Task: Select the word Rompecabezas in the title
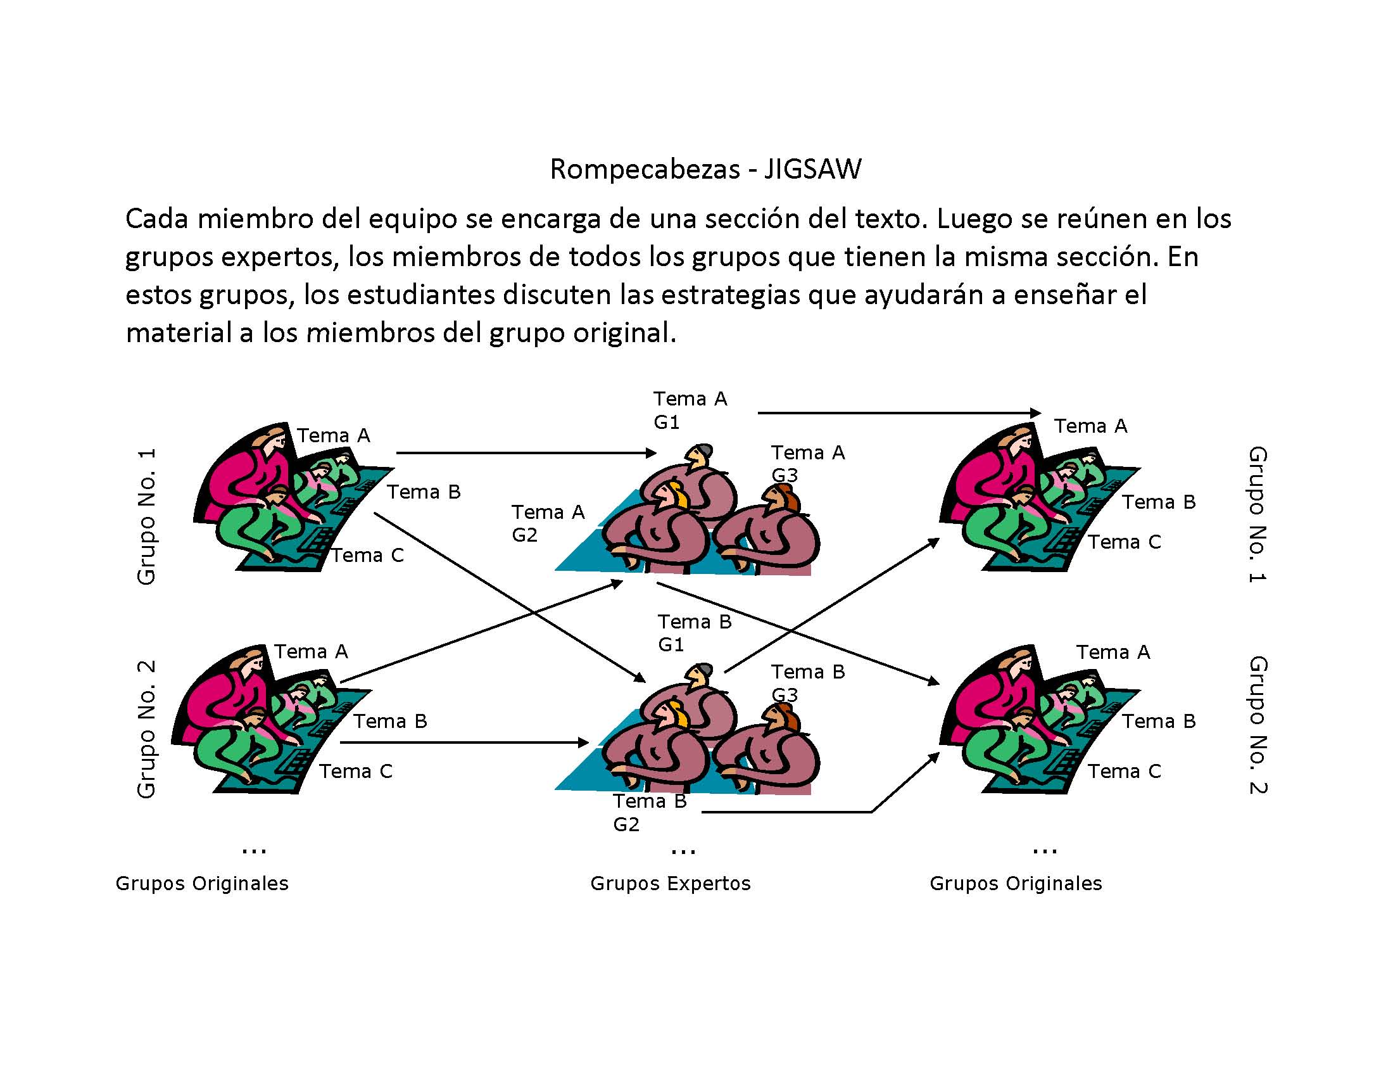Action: (644, 169)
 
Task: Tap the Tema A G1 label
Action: (690, 410)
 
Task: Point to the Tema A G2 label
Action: (547, 523)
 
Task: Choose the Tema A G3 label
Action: (807, 463)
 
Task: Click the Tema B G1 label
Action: (694, 632)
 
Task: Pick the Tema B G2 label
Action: (649, 812)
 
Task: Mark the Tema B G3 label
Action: (807, 683)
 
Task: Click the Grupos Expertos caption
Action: (671, 883)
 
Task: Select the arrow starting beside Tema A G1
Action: (899, 413)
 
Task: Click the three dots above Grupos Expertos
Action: (683, 851)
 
